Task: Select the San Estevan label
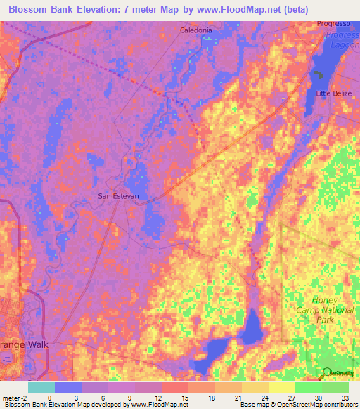click(115, 196)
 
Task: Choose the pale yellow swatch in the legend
click(281, 387)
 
